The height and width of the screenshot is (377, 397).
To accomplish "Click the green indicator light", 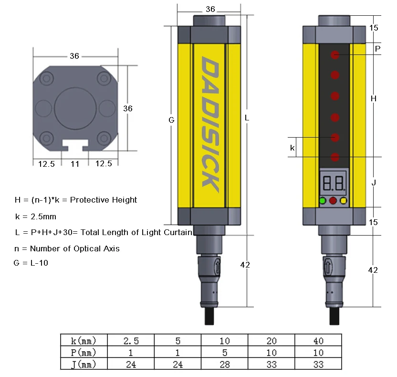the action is click(x=323, y=201).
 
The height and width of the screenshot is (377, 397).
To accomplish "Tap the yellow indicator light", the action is click(x=344, y=201).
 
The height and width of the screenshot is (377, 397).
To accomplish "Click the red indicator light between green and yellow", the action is click(x=333, y=201).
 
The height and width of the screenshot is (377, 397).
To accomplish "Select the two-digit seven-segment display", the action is click(x=333, y=183).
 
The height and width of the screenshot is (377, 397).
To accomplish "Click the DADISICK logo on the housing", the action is click(x=210, y=124).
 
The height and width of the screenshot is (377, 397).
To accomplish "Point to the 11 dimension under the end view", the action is click(x=75, y=164).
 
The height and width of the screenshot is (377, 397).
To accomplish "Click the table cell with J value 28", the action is click(x=224, y=364).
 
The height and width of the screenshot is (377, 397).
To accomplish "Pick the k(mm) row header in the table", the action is click(x=84, y=341).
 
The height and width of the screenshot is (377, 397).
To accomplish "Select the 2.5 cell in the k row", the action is click(x=131, y=341).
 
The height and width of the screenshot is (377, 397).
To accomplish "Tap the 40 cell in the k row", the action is click(x=318, y=341).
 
